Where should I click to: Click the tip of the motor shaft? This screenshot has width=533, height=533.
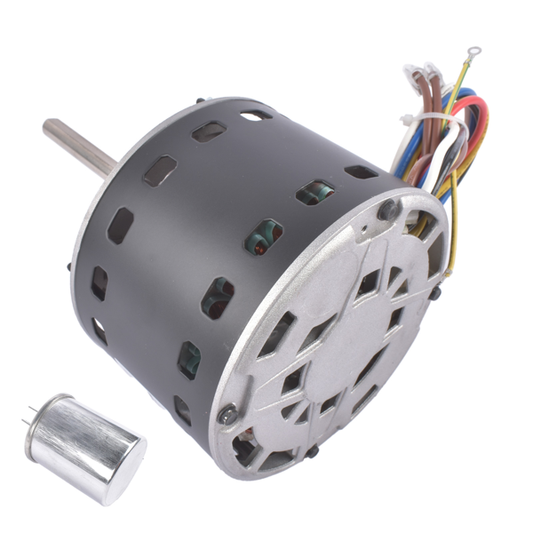coord(48,128)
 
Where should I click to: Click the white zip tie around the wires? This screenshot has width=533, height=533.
coord(433,121)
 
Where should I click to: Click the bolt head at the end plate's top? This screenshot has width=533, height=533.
coord(388,210)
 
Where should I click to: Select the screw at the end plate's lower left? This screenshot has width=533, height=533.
coord(227,413)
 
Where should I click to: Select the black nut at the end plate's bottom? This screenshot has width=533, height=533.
coord(313,452)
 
